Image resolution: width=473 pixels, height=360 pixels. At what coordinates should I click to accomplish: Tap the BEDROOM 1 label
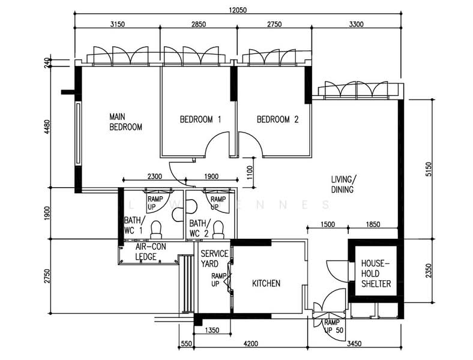pyautogui.click(x=200, y=119)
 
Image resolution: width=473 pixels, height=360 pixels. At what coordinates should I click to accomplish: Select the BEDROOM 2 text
pyautogui.click(x=277, y=119)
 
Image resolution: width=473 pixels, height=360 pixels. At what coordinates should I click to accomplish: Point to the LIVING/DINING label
pyautogui.click(x=344, y=184)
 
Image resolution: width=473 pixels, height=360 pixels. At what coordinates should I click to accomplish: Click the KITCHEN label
pyautogui.click(x=266, y=283)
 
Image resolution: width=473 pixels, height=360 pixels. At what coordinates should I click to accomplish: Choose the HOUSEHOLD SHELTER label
pyautogui.click(x=376, y=273)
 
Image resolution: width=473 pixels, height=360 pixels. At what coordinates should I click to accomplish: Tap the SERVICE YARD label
pyautogui.click(x=214, y=259)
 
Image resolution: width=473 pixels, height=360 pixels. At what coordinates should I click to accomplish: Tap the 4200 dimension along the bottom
pyautogui.click(x=250, y=344)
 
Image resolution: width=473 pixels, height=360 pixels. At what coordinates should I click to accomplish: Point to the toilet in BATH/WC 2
pyautogui.click(x=218, y=228)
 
